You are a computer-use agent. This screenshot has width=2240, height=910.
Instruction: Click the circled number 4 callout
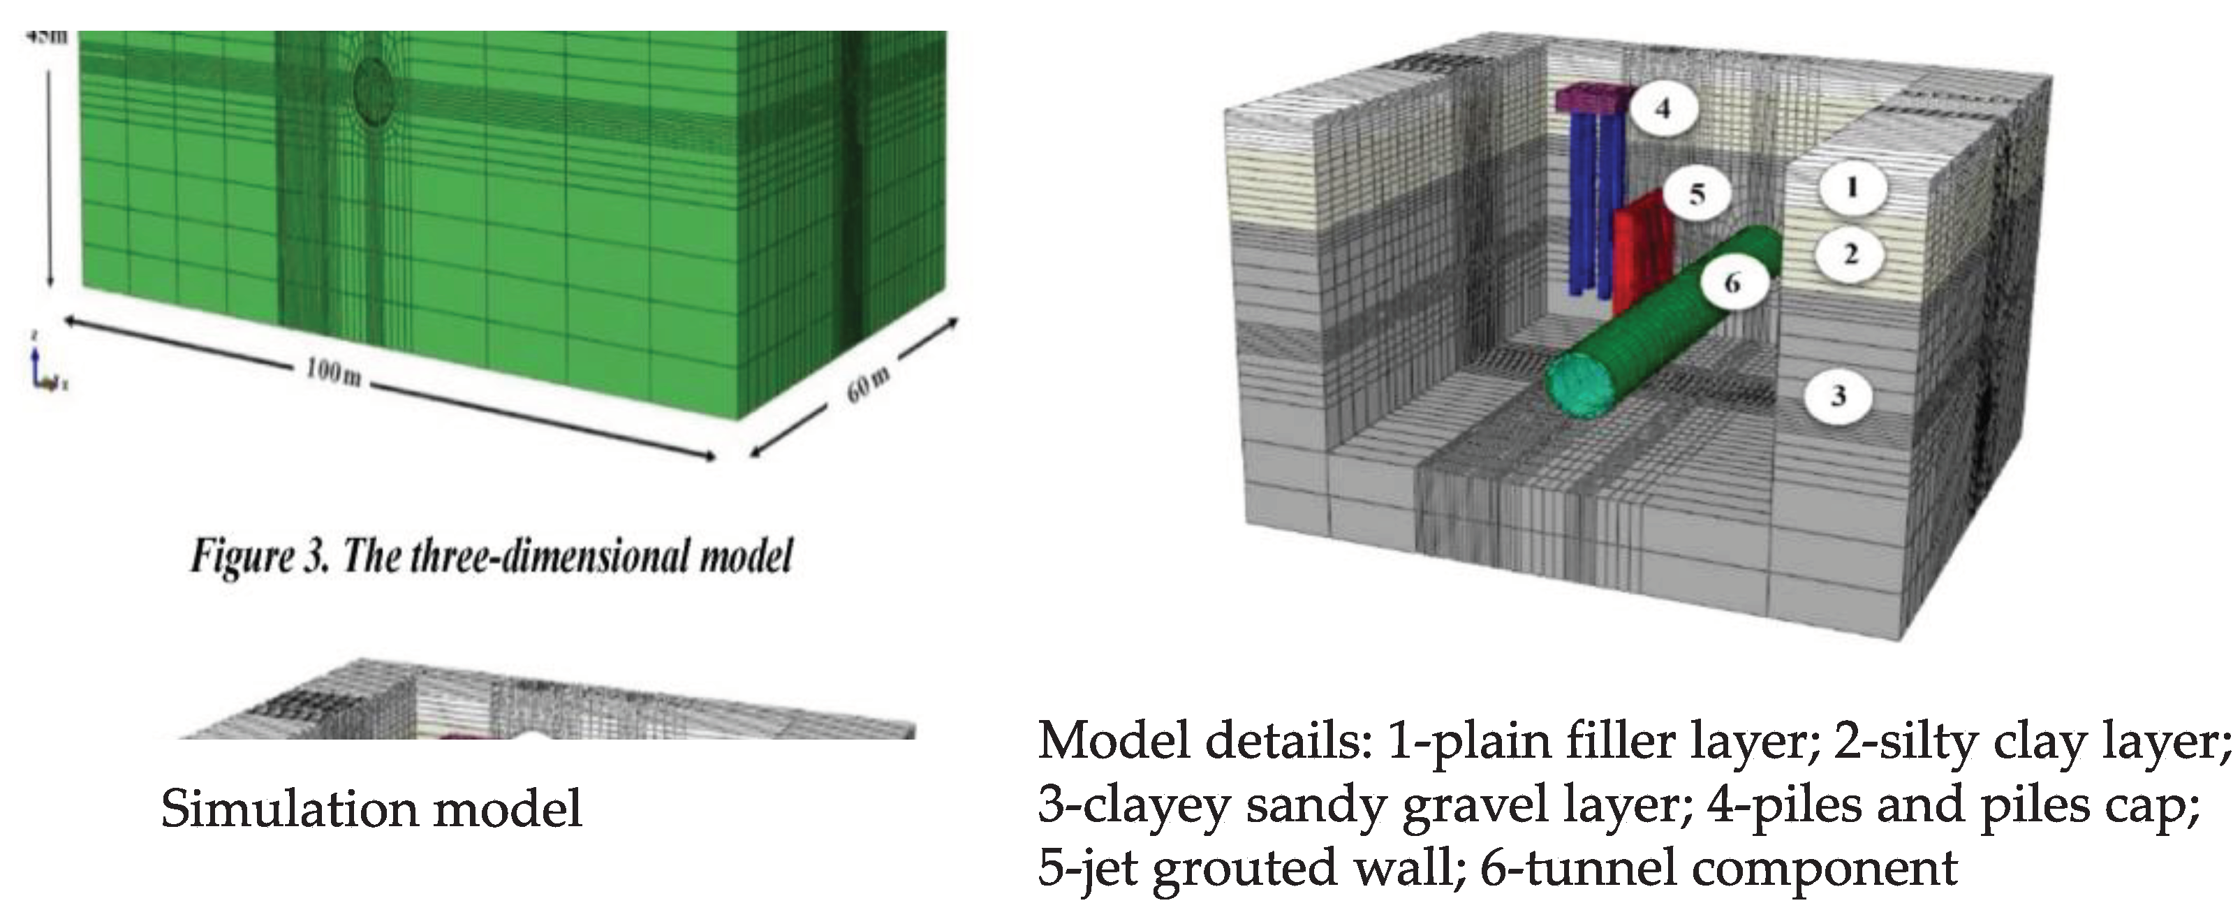[x=1662, y=109]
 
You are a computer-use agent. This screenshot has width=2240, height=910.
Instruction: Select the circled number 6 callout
[x=1731, y=282]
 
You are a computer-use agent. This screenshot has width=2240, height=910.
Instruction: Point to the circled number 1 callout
[x=1850, y=186]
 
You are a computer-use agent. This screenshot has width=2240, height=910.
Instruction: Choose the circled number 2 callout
[x=1850, y=254]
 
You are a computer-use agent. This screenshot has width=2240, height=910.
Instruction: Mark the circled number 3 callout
[x=1837, y=396]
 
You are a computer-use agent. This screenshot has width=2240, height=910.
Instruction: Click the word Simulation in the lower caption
[x=288, y=808]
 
